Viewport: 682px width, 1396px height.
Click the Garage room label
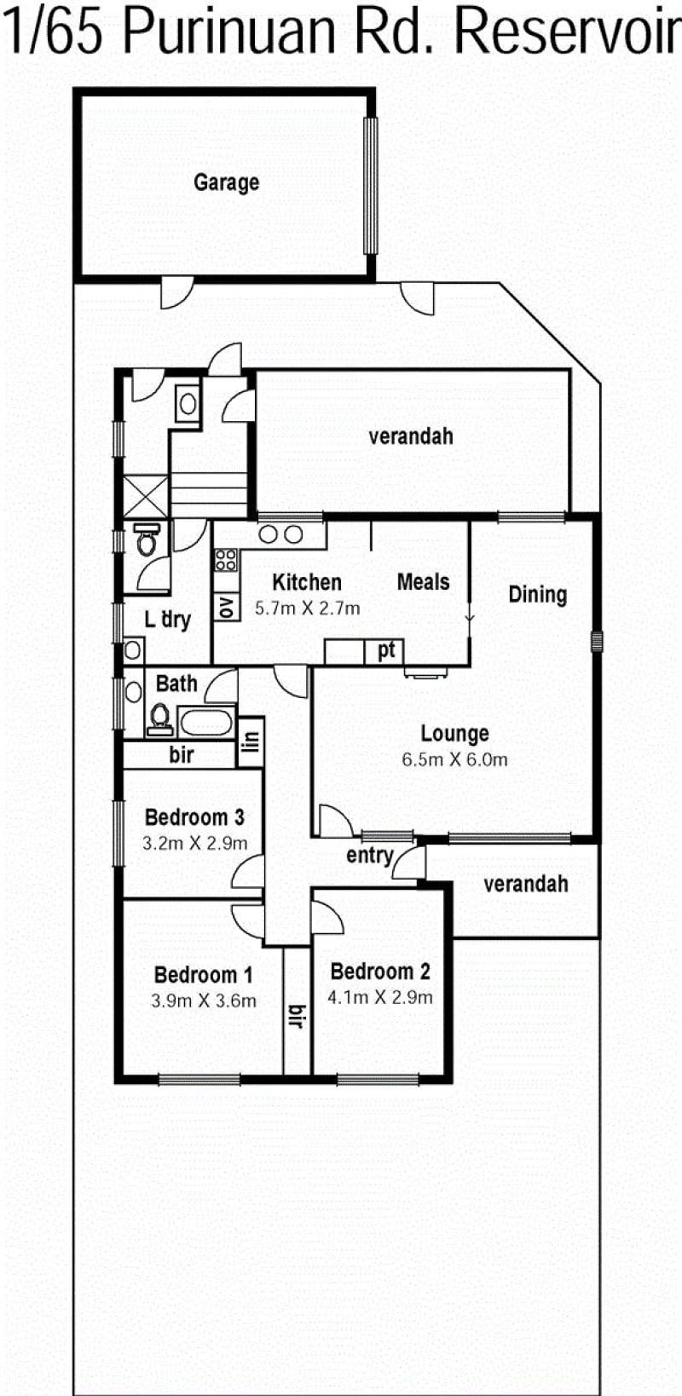(226, 182)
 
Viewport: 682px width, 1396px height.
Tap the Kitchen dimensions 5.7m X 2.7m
(308, 609)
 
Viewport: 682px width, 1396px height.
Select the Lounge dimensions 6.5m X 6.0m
(454, 759)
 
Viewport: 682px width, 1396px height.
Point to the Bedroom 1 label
(203, 975)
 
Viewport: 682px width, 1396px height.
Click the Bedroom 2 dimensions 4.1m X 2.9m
(379, 997)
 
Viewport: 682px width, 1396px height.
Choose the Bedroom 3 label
(194, 817)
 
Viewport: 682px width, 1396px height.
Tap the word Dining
(537, 595)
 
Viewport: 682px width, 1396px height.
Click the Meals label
(424, 582)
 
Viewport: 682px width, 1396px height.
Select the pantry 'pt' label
(386, 650)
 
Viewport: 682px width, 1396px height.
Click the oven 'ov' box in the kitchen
(226, 607)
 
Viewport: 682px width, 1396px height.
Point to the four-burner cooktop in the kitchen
(226, 560)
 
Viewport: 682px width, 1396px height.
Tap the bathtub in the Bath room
(205, 723)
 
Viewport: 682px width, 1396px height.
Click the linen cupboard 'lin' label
(251, 741)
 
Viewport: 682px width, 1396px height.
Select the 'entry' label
(370, 856)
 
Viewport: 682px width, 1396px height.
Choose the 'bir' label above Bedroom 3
(181, 755)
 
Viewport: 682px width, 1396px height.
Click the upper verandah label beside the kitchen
(411, 436)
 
